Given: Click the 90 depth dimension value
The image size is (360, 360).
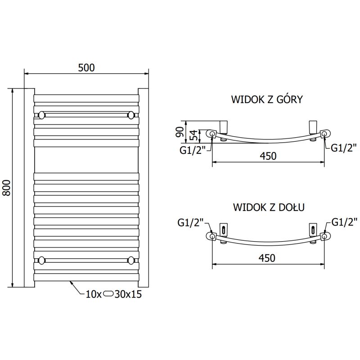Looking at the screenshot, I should [179, 132].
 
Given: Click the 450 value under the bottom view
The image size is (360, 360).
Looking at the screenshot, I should [267, 258].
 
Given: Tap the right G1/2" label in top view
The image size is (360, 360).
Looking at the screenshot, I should [344, 147].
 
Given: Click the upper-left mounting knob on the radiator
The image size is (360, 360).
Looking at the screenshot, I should [42, 115].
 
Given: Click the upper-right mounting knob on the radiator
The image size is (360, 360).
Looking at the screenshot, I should [131, 115].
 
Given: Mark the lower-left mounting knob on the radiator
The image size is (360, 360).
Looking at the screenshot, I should [42, 260].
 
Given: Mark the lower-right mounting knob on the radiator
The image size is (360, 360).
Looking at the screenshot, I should [131, 260].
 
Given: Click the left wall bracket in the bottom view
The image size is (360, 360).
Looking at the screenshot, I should [223, 229].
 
